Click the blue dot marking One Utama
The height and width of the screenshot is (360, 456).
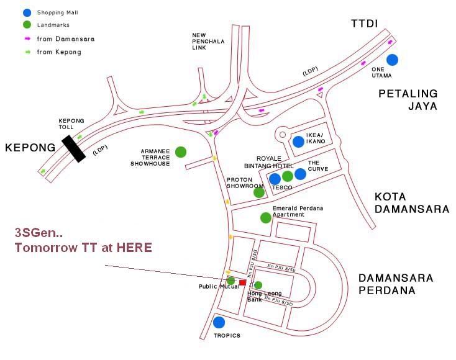[x=392, y=60]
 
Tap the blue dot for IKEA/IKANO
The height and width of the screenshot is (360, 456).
[x=298, y=142]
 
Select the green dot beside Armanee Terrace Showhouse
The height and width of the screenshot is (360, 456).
[x=181, y=151]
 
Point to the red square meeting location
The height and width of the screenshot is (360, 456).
[x=243, y=282]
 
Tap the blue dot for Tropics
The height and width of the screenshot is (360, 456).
[x=219, y=322]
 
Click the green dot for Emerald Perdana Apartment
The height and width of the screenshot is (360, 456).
[x=266, y=217]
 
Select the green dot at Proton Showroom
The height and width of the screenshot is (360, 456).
[x=259, y=192]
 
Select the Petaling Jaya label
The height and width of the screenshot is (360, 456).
[x=408, y=99]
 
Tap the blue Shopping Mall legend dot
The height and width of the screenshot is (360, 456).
[x=26, y=12]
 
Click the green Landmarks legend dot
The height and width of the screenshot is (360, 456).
[x=26, y=25]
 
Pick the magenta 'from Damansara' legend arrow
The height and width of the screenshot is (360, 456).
[x=27, y=38]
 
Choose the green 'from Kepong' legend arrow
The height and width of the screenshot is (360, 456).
[x=27, y=52]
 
